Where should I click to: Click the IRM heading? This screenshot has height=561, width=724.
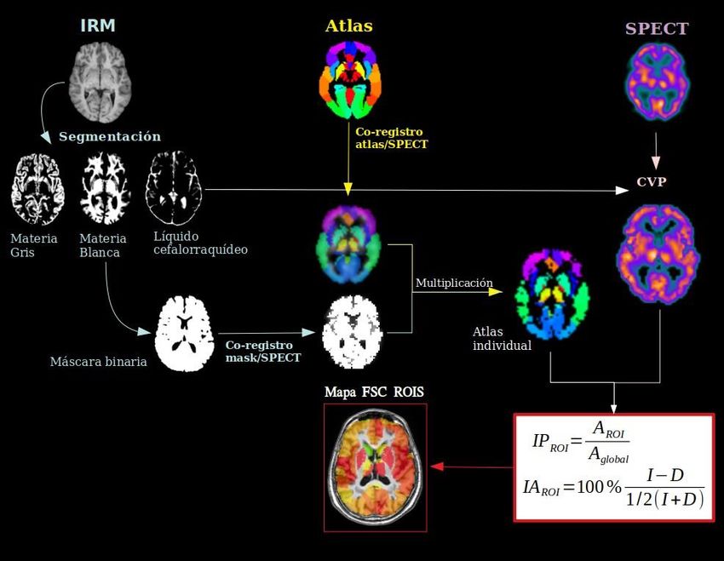point(97,26)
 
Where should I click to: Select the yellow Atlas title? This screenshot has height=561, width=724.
point(348,26)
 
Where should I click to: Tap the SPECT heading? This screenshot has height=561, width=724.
point(656,28)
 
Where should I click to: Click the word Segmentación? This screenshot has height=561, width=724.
point(109,136)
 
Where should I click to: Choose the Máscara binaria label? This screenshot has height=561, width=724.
point(98,362)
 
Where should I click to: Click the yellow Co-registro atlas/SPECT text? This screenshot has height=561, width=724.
point(392,138)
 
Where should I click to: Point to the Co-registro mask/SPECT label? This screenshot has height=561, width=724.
point(259,350)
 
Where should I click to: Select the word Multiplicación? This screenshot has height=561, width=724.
point(454,282)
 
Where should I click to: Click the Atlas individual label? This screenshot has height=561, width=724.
point(502,339)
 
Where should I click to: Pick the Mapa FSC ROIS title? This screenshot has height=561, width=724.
point(374,392)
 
